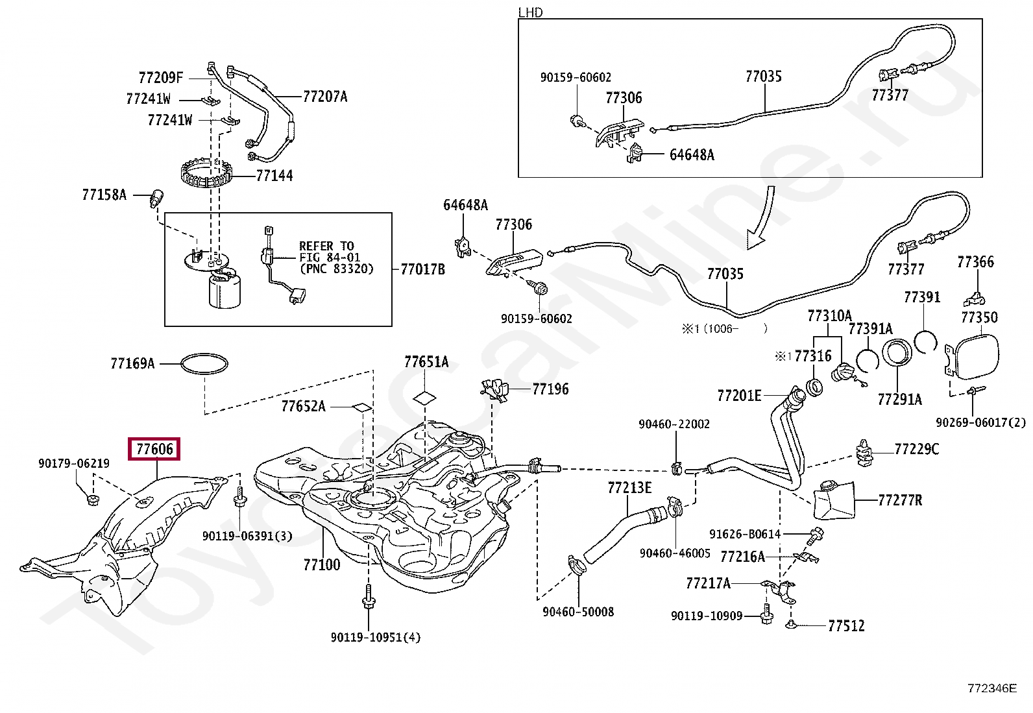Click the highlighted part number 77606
point(154,449)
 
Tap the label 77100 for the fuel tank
point(322,564)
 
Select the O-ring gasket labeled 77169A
point(204,363)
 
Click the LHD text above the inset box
point(530,12)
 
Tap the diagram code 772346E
point(992,688)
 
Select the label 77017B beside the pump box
point(423,269)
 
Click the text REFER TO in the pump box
point(326,246)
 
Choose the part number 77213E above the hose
point(629,487)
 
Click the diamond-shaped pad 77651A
point(425,398)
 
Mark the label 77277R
point(900,500)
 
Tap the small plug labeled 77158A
point(156,198)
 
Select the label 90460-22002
point(674,424)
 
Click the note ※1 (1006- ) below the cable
point(725,328)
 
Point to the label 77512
point(846,626)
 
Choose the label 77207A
point(325,97)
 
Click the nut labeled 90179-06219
point(93,500)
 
